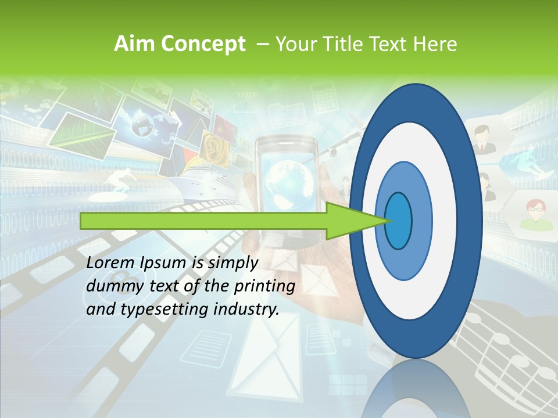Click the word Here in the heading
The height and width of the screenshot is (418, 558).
click(436, 44)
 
